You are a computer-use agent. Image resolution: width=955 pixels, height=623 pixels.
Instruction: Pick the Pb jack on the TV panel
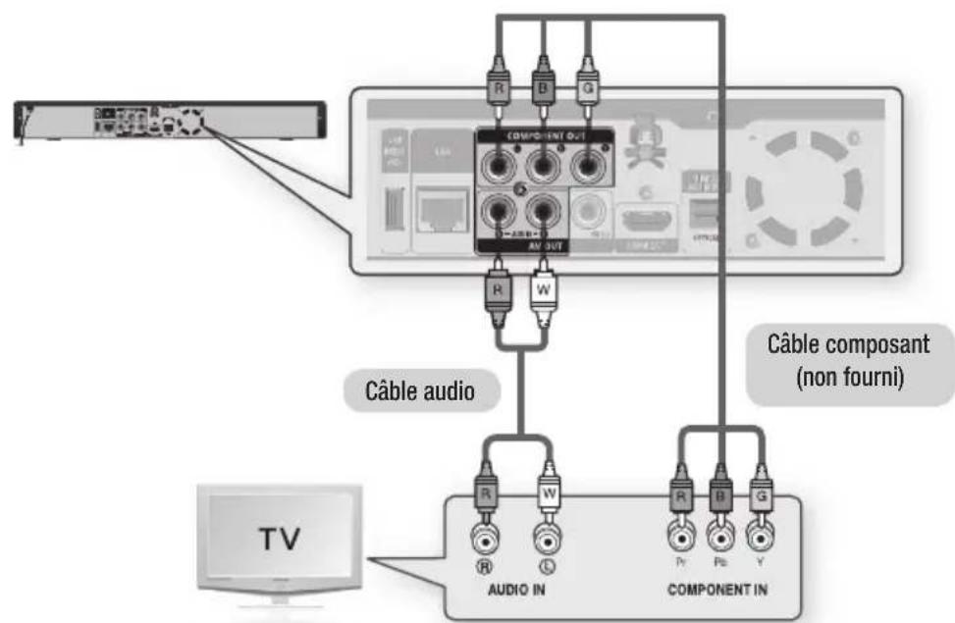coord(720,538)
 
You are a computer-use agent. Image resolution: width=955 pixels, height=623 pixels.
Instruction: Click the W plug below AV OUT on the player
coord(542,293)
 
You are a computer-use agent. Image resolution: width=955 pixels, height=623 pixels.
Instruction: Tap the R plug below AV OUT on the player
coord(499,293)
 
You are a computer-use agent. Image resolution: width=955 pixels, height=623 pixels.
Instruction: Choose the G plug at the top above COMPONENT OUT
coord(588,98)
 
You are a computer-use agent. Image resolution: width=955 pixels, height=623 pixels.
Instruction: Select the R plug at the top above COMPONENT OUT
coord(498,98)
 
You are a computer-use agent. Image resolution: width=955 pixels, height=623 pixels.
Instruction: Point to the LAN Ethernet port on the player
coord(441,209)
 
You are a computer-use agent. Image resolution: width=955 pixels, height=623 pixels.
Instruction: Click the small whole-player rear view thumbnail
coord(167,121)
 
